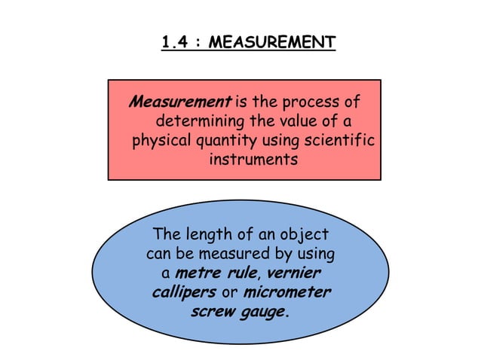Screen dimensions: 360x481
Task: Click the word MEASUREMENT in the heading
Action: tap(271, 43)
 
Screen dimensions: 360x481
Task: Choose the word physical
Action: tap(162, 141)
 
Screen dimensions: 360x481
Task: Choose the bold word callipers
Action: tap(183, 291)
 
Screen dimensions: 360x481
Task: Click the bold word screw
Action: tap(213, 310)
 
